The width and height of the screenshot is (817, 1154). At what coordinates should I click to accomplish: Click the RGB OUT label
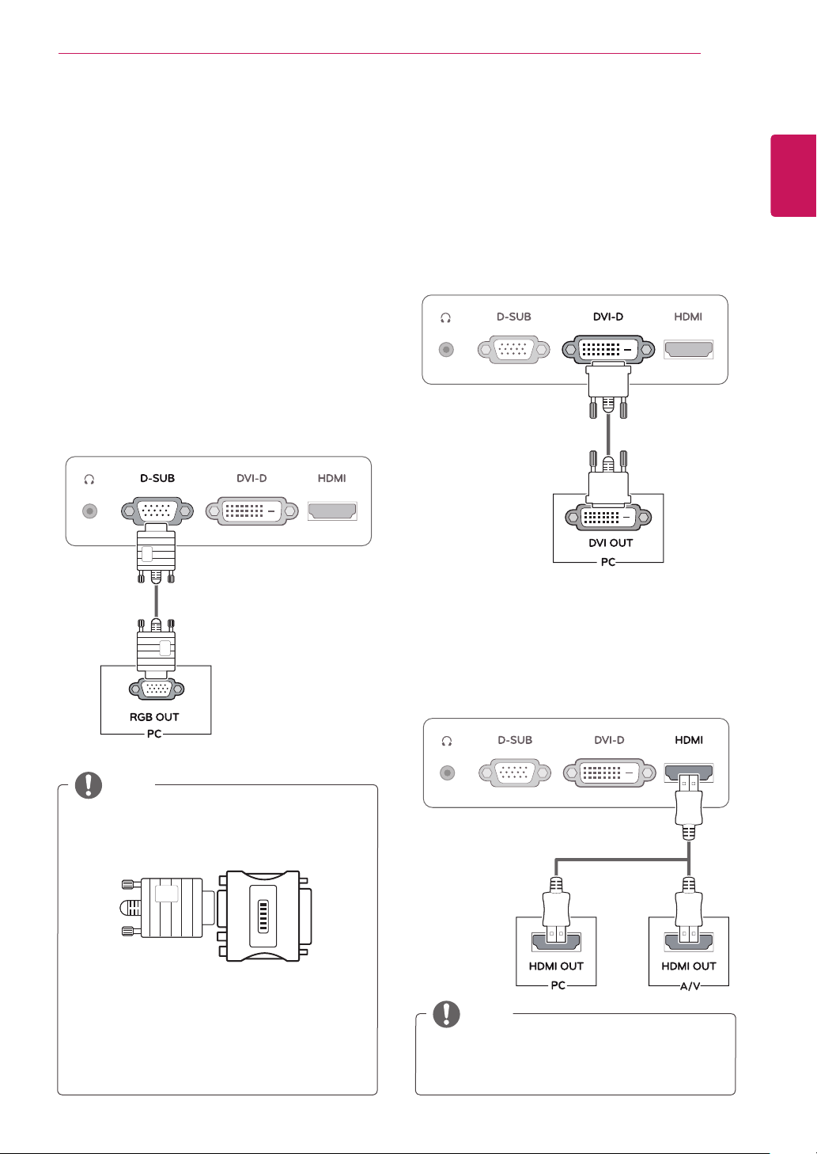click(154, 716)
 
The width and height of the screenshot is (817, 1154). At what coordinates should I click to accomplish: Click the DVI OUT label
click(611, 542)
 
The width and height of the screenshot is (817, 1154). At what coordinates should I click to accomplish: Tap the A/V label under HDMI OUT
click(690, 986)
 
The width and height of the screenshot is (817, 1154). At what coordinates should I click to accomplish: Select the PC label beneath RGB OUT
click(154, 734)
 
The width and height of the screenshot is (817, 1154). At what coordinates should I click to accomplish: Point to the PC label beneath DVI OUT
click(608, 562)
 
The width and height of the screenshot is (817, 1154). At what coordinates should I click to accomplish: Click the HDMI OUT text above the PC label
click(556, 966)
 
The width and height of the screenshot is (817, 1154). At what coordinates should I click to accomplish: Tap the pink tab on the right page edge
click(792, 176)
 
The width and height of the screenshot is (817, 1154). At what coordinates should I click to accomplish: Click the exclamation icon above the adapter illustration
click(89, 785)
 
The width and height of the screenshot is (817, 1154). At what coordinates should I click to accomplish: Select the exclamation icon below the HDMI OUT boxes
click(446, 1014)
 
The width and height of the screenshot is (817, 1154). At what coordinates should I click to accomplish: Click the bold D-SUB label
click(157, 478)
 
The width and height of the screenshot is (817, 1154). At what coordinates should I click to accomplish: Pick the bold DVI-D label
click(608, 317)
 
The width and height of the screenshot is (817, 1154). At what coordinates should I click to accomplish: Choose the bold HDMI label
click(689, 740)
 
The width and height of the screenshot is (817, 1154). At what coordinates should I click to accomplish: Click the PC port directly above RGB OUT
click(157, 689)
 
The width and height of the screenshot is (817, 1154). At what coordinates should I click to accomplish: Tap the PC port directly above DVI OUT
click(608, 517)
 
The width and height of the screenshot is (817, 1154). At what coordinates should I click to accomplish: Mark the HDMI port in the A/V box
click(689, 942)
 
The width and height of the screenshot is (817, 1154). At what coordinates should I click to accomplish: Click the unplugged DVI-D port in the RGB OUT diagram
click(252, 511)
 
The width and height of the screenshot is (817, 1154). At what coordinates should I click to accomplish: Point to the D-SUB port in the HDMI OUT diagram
click(515, 772)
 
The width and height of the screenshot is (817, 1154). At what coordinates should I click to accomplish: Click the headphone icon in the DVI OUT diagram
click(446, 318)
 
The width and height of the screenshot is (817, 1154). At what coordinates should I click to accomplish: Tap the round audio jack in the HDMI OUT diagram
click(448, 772)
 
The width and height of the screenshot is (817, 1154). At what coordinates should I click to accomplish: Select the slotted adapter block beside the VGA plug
click(263, 916)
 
